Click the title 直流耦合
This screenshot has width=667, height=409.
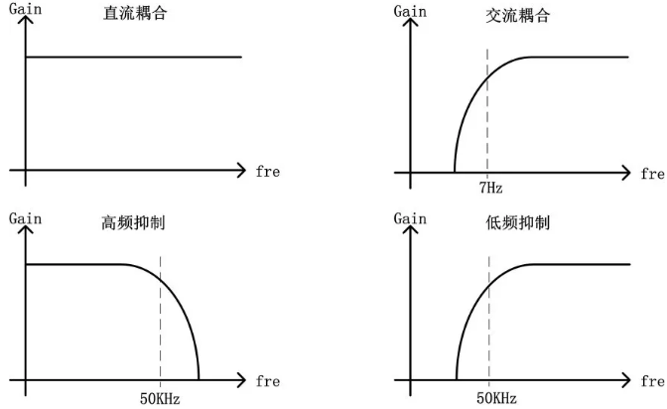[x=135, y=13]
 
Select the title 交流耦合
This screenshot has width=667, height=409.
[x=518, y=16]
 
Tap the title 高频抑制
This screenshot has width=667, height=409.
[x=133, y=222]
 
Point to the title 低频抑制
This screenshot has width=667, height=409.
[x=518, y=222]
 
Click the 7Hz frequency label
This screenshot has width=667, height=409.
[x=491, y=188]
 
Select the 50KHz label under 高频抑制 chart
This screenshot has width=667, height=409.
[x=160, y=399]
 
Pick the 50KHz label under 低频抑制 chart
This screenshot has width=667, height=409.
[x=496, y=398]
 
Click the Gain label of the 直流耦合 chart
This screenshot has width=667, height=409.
[x=26, y=9]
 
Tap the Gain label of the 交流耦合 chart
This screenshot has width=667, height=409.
[x=410, y=11]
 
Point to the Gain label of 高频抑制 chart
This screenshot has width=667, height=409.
[x=26, y=218]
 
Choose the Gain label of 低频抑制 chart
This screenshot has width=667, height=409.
[x=410, y=218]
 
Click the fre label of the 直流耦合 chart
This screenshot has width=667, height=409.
[x=268, y=172]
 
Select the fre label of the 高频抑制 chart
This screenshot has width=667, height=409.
[x=268, y=381]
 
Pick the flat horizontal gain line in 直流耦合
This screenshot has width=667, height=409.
[x=134, y=57]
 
